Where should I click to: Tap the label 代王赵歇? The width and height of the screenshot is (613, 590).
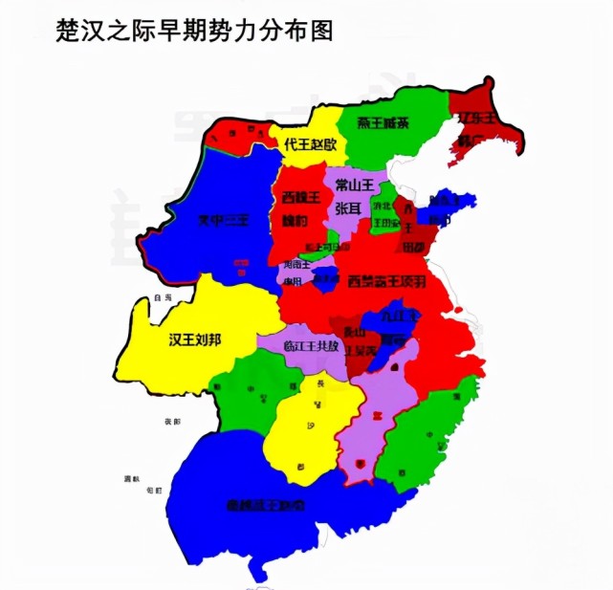click(311, 144)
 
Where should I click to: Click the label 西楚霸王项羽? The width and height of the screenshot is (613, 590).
click(387, 281)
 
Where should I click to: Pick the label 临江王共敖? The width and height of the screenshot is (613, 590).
click(310, 346)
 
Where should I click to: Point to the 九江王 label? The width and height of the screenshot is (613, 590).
click(396, 316)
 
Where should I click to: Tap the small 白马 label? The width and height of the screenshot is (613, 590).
click(164, 298)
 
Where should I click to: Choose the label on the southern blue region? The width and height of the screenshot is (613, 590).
click(260, 503)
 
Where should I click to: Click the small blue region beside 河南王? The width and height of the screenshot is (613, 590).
click(325, 279)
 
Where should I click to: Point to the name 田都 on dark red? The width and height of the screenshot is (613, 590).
click(413, 246)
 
